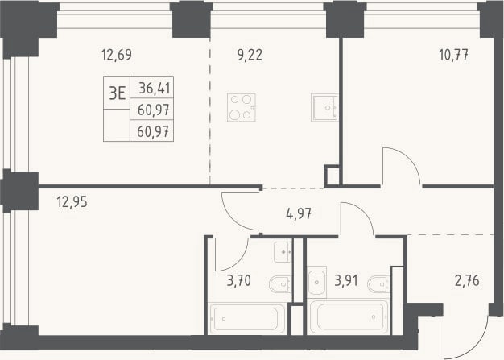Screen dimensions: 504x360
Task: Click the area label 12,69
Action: point(117,55)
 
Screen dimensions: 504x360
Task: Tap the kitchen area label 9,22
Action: point(250,55)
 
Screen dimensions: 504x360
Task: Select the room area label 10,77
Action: point(453,55)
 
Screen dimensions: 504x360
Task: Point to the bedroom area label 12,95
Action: point(72,202)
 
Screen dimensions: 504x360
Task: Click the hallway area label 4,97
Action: point(299,213)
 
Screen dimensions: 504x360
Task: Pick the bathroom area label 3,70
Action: point(239,280)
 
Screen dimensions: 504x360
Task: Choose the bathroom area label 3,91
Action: point(346,280)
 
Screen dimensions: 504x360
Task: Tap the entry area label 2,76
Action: point(467,280)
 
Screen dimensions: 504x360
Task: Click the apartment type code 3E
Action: point(117,93)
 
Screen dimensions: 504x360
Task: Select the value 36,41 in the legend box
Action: point(155,88)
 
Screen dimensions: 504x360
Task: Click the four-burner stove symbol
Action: point(242,108)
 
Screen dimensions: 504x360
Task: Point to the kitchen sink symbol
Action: point(324,108)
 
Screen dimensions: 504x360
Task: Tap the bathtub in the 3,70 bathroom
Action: point(246,319)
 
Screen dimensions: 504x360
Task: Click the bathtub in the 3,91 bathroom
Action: point(349,317)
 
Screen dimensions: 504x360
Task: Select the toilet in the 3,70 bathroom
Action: point(280,284)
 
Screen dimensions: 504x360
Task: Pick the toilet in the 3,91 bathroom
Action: point(379,284)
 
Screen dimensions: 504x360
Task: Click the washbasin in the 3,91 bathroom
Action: point(317,282)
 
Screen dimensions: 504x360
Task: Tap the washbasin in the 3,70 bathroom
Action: point(283,252)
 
